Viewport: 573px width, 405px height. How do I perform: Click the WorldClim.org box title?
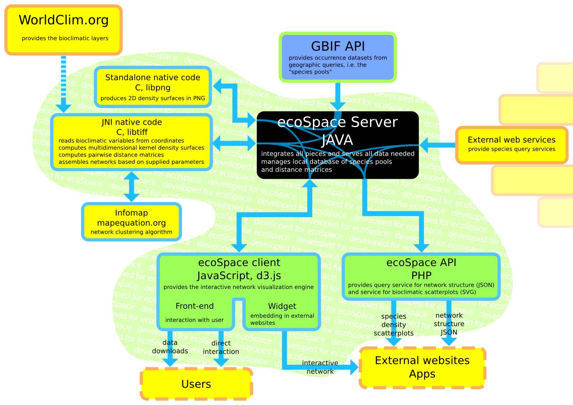pos(64,20)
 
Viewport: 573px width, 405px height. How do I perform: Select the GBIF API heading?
pos(338,47)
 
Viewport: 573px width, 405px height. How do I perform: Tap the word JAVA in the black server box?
pos(337,140)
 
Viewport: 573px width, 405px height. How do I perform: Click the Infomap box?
pos(131,222)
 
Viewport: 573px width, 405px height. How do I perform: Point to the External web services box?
pos(511,144)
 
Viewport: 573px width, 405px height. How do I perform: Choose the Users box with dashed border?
pos(196,384)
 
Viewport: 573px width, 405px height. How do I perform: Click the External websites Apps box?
pos(422,367)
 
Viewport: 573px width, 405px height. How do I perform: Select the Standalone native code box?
pos(153,87)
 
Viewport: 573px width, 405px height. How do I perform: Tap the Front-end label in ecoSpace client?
pos(194,306)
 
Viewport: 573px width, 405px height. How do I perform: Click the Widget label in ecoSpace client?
pos(282,307)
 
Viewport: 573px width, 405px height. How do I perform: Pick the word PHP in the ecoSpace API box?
pos(421,275)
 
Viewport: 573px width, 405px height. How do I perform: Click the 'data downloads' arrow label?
pos(170,347)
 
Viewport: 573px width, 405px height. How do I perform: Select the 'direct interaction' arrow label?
pos(221,347)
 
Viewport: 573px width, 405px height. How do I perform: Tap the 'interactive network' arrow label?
pos(320,367)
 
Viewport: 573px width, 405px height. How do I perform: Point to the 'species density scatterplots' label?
pos(394,325)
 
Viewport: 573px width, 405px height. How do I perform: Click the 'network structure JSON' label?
pos(449,324)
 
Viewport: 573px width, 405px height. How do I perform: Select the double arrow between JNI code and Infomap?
pos(131,187)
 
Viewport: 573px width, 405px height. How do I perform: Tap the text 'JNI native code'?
pos(132,122)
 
